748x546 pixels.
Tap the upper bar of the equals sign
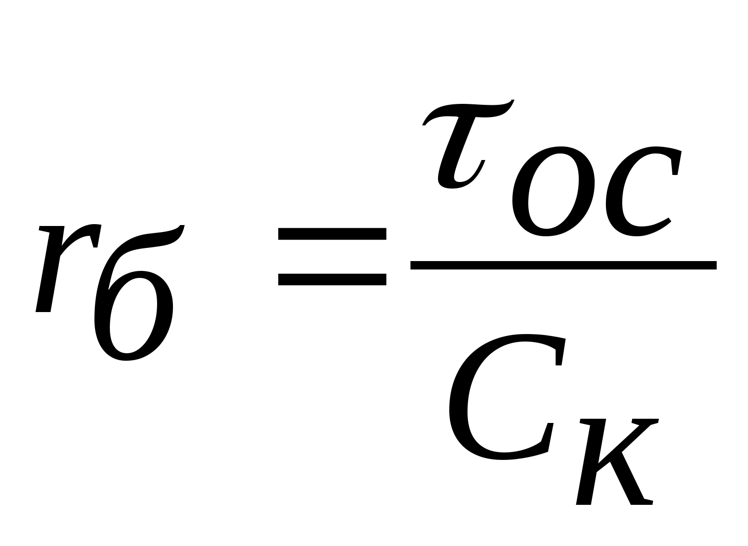click(332, 233)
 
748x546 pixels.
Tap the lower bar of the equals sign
click(332, 279)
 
